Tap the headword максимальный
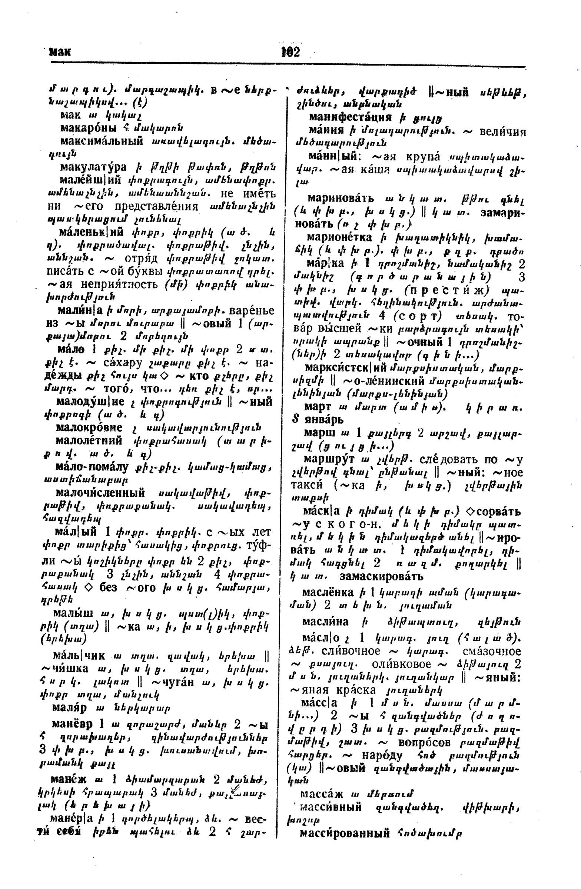tap(102, 141)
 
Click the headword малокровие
tap(89, 427)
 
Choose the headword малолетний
tap(89, 441)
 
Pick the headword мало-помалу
tap(92, 466)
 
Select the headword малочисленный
tap(100, 493)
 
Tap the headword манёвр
tap(72, 724)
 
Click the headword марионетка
tap(339, 237)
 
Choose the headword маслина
tap(325, 622)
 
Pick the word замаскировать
tap(381, 576)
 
